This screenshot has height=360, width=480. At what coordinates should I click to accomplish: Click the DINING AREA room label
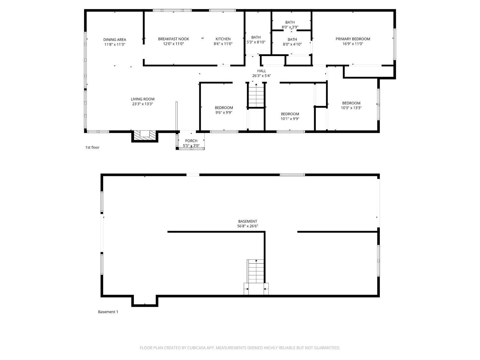pyautogui.click(x=115, y=40)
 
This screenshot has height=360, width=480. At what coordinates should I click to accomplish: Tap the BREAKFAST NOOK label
pyautogui.click(x=173, y=39)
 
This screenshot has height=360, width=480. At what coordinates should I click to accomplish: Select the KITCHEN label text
pyautogui.click(x=223, y=39)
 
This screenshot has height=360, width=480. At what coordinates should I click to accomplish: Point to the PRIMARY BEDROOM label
pyautogui.click(x=353, y=39)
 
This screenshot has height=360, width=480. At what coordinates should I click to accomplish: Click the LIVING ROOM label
pyautogui.click(x=142, y=99)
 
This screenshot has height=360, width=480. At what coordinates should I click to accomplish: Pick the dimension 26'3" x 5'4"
pyautogui.click(x=261, y=76)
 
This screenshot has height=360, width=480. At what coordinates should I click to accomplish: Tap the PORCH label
pyautogui.click(x=191, y=141)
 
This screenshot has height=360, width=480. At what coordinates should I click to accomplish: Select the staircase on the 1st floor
pyautogui.click(x=256, y=95)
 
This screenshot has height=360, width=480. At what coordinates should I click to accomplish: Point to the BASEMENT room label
pyautogui.click(x=247, y=221)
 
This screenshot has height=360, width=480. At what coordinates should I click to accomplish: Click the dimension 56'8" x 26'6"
pyautogui.click(x=247, y=226)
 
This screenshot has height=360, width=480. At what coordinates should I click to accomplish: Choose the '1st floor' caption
pyautogui.click(x=92, y=148)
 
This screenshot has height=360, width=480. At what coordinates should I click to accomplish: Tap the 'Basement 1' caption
pyautogui.click(x=108, y=312)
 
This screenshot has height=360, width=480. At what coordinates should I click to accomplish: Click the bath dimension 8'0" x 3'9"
pyautogui.click(x=290, y=27)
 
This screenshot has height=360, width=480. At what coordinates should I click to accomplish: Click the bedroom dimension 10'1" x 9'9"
pyautogui.click(x=290, y=119)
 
